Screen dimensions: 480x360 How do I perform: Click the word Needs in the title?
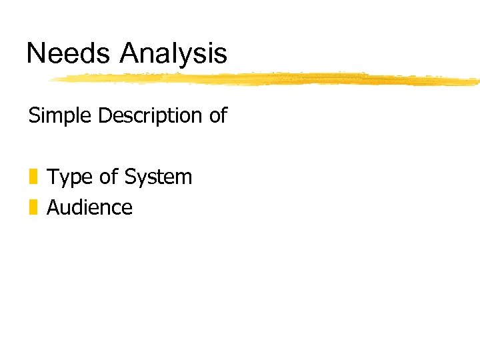click(69, 53)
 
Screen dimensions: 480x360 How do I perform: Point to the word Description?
click(151, 117)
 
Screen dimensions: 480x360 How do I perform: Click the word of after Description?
click(218, 116)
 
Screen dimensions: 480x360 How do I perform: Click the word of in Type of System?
click(107, 177)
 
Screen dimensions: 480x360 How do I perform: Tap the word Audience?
click(89, 207)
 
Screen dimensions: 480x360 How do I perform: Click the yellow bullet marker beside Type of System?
click(33, 177)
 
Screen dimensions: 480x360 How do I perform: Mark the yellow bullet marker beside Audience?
click(33, 207)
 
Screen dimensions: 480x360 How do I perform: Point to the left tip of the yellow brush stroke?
click(51, 80)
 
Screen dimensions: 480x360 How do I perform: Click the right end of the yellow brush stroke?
click(476, 82)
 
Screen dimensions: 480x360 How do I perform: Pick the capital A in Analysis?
click(129, 53)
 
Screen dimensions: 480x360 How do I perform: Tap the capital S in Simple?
click(34, 116)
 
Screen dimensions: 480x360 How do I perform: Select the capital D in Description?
click(105, 116)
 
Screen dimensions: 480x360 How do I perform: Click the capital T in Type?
click(53, 177)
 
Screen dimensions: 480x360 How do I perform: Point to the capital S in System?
click(131, 177)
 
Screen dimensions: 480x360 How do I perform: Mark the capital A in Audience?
click(53, 207)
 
